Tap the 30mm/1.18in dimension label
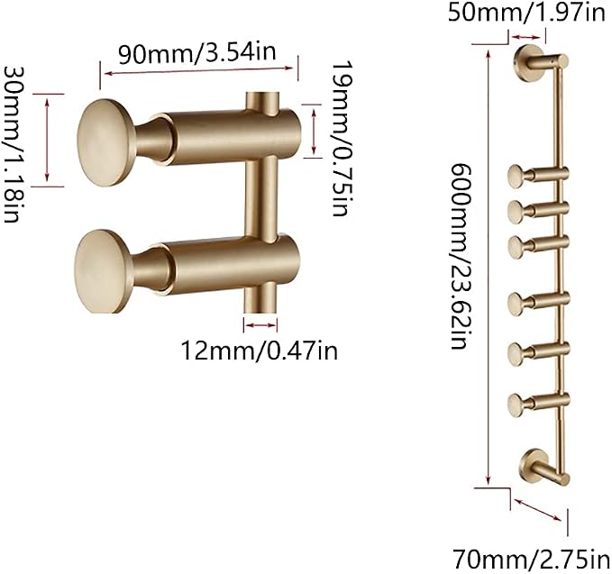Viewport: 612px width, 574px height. [12, 144]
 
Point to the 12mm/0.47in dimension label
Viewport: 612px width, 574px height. [260, 350]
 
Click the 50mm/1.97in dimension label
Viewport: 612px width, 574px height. [526, 13]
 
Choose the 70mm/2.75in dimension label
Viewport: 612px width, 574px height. [531, 559]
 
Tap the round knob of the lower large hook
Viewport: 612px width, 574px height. [103, 271]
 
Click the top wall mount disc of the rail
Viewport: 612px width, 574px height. [527, 62]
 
